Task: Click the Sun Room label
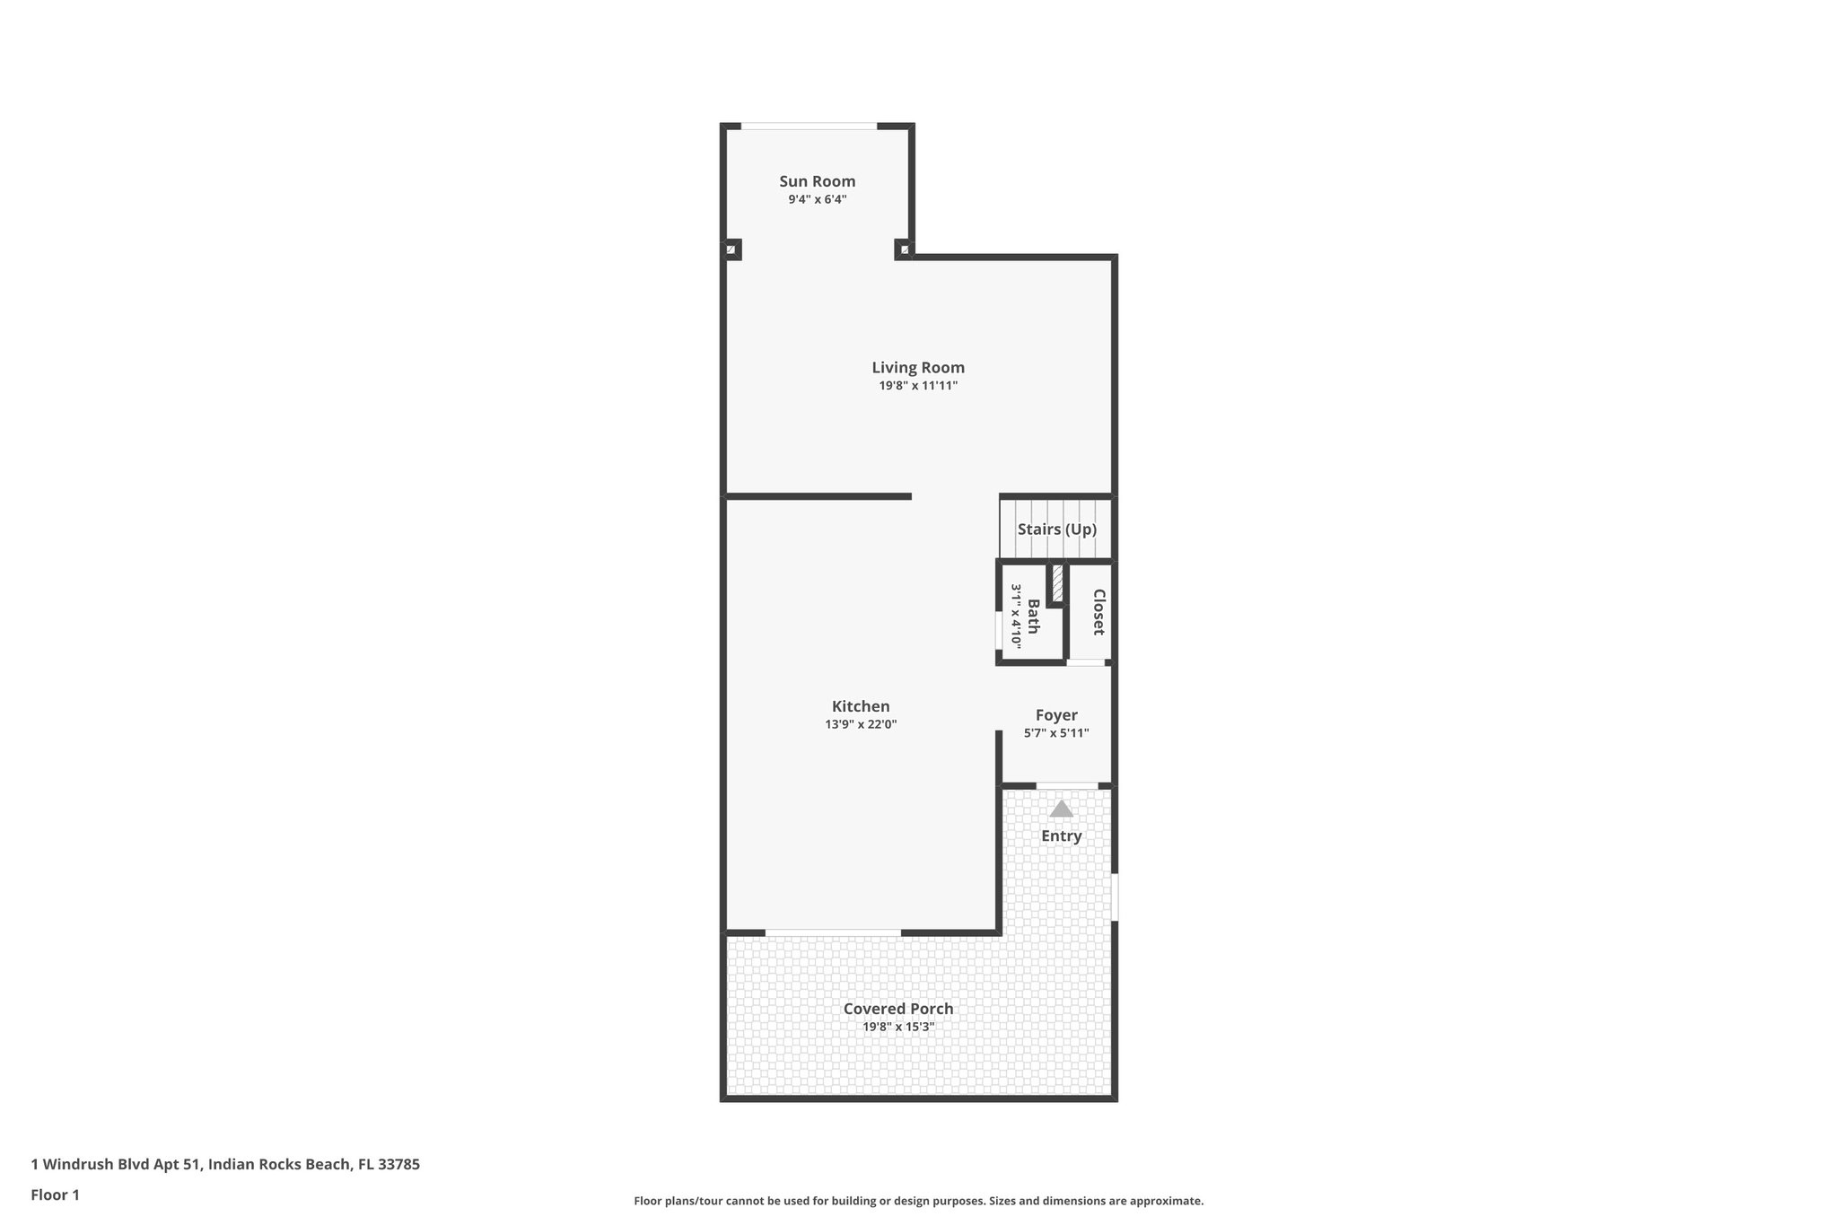pos(817,181)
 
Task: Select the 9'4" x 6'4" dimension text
pos(817,199)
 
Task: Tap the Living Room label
pos(918,367)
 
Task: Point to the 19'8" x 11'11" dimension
pos(918,386)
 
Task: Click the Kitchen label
pos(861,706)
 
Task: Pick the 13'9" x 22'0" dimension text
pos(861,724)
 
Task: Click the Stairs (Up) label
pos(1056,529)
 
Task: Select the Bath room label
pos(1033,616)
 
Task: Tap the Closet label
pos(1098,612)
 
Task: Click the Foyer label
pos(1056,715)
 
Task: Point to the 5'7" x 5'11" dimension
pos(1056,733)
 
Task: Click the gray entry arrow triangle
pos(1062,809)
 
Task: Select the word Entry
pos(1062,836)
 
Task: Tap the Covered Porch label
pos(898,1009)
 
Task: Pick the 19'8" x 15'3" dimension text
pos(898,1027)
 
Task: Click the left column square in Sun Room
pos(731,249)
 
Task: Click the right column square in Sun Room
pos(904,249)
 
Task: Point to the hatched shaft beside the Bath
pos(1057,583)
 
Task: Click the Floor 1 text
pos(55,1194)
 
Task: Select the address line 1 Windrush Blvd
pos(224,1164)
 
